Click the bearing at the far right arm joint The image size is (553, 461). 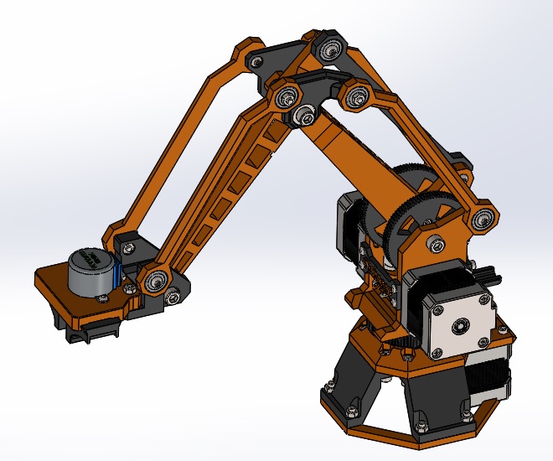click(x=482, y=220)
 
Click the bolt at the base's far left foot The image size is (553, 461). click(x=328, y=387)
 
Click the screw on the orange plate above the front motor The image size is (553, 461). click(x=433, y=244)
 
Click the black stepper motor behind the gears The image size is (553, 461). click(x=350, y=222)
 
